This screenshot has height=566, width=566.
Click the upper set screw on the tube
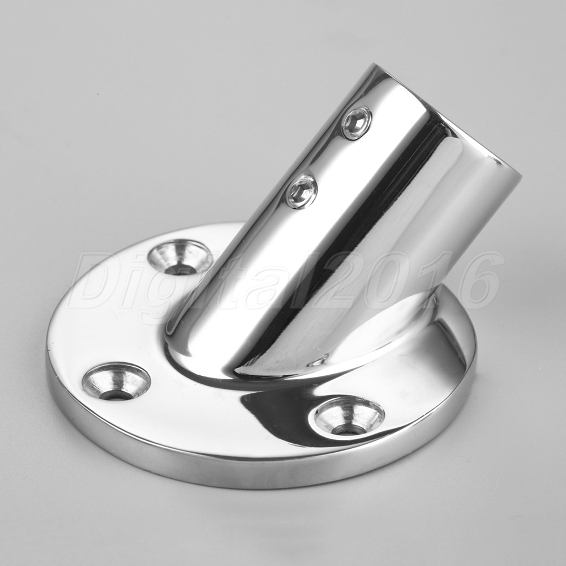(x=357, y=123)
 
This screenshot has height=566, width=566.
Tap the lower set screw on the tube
(x=302, y=192)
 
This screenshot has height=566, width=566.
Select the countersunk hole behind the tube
(x=180, y=258)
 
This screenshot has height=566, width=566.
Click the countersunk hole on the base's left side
(x=116, y=382)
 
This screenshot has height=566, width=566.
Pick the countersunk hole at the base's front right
(x=349, y=415)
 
